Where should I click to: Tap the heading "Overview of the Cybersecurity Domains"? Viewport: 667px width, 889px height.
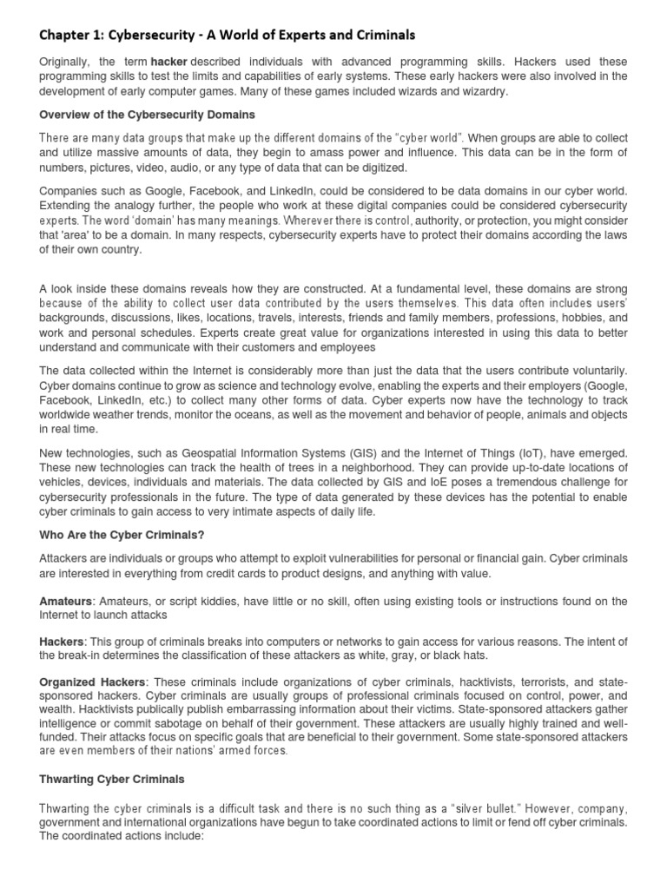(147, 115)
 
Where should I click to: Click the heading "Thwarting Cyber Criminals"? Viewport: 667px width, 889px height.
(112, 779)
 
